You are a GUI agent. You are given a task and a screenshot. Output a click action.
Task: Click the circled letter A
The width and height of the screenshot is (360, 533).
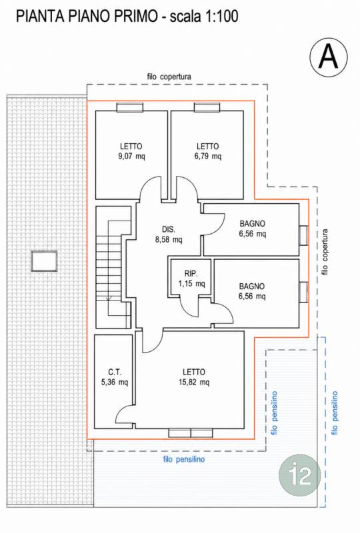[x=329, y=57]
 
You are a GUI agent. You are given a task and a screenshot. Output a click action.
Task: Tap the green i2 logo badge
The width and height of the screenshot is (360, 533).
[x=300, y=475]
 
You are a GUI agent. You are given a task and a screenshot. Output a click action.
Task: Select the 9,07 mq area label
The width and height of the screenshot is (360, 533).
[x=131, y=157]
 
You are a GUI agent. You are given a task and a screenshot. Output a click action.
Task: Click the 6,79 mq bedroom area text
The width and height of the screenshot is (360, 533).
[x=208, y=157]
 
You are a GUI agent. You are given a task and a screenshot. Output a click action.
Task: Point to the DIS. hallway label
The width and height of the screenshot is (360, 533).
[x=169, y=229]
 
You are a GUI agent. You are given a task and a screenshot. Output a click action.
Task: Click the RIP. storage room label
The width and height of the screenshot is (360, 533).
[x=191, y=273]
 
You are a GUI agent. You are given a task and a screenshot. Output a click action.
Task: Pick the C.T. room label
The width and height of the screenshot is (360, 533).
[x=115, y=372]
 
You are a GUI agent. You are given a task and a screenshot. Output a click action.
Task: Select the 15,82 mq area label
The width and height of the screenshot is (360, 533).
[x=194, y=382]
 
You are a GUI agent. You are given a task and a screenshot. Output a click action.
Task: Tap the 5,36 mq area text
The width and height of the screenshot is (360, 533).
[x=115, y=382]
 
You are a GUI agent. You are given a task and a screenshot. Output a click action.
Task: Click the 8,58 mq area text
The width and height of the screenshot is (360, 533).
[x=169, y=240]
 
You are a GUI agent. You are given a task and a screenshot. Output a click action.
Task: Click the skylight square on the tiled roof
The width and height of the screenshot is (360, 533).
[x=44, y=261]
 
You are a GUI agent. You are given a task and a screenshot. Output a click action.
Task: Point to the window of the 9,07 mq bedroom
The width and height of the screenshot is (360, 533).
[x=129, y=107]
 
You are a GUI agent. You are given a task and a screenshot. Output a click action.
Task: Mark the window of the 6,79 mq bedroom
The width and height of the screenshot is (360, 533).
[x=207, y=107]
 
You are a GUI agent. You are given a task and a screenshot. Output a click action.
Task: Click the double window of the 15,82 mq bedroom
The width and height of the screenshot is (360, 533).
[x=191, y=432]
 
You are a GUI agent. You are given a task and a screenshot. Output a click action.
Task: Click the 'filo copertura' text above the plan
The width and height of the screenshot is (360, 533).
[x=169, y=77]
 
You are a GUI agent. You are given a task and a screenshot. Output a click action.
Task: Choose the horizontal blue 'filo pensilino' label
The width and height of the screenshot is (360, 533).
[x=184, y=460]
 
